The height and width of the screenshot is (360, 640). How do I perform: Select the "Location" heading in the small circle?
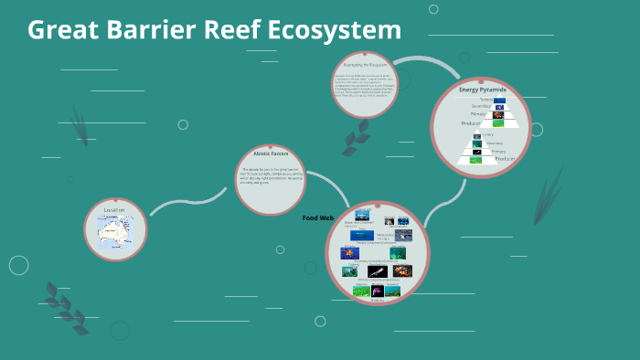[114, 211]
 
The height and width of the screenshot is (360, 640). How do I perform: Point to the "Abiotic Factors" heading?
[270, 154]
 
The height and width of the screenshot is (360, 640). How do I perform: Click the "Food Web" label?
[317, 218]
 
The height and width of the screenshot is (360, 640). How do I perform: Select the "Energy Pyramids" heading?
[482, 90]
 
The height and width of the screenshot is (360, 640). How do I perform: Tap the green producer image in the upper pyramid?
[498, 123]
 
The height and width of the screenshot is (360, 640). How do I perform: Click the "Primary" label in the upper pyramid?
[478, 115]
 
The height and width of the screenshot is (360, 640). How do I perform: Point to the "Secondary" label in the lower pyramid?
[494, 143]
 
